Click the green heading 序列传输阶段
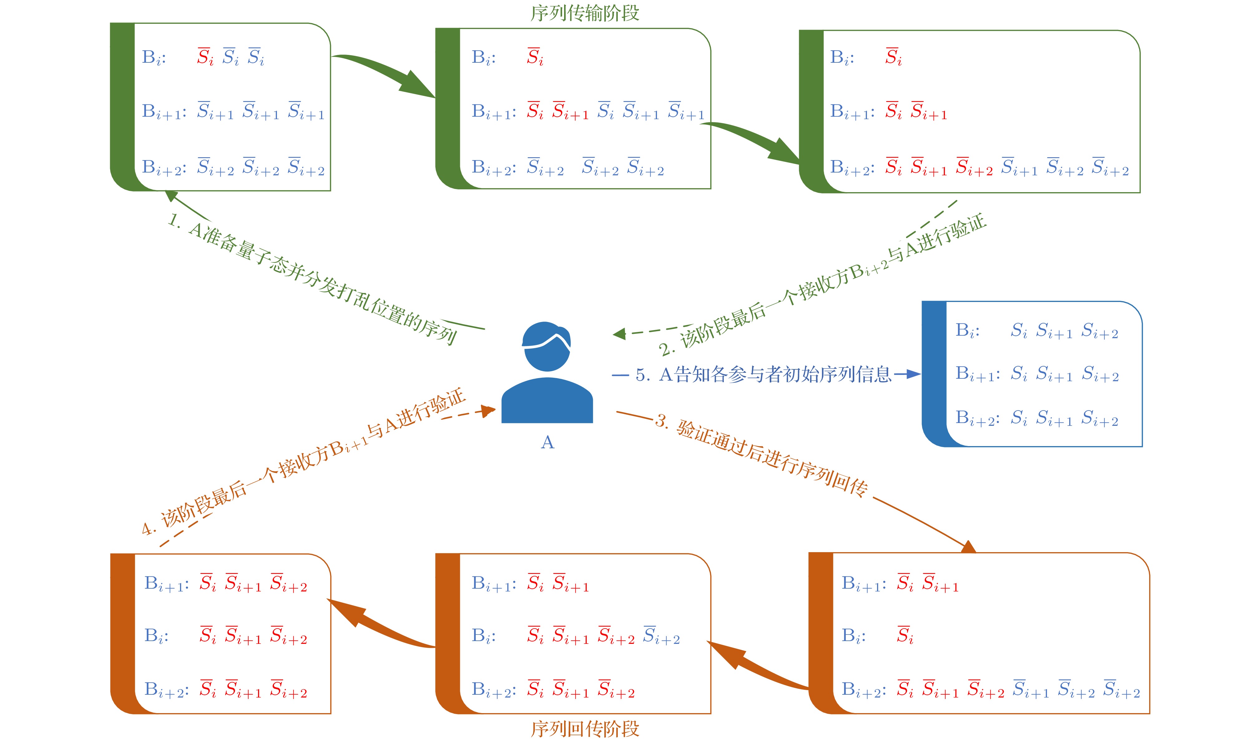[x=585, y=13]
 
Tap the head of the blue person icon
[x=547, y=346]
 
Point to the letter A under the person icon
[x=548, y=442]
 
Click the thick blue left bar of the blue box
[x=934, y=373]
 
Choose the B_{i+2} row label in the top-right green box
[x=852, y=168]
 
